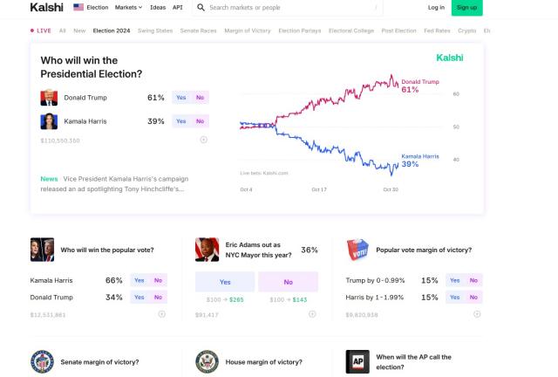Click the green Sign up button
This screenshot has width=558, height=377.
point(466,7)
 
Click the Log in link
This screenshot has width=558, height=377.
point(436,7)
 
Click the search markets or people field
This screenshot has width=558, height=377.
point(288,7)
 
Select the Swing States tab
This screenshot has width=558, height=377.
point(155,30)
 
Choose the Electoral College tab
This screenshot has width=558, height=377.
point(352,30)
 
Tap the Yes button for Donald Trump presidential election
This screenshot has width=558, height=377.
point(181,98)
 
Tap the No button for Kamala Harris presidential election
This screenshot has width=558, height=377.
point(200,121)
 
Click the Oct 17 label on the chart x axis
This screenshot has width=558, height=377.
point(319,189)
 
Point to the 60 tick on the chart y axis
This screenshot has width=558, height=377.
point(456,93)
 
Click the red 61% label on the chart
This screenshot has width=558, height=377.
point(410,89)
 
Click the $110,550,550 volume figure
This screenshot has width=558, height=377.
point(60,141)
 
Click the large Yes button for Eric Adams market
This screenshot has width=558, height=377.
point(225,282)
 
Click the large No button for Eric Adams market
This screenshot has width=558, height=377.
point(289,282)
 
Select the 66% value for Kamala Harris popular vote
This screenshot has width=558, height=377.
point(113,280)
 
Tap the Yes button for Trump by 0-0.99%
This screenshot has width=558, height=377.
point(454,280)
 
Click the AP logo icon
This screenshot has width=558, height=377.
point(357,362)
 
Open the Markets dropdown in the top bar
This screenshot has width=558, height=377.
point(128,7)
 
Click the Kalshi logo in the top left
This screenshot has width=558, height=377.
point(46,7)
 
